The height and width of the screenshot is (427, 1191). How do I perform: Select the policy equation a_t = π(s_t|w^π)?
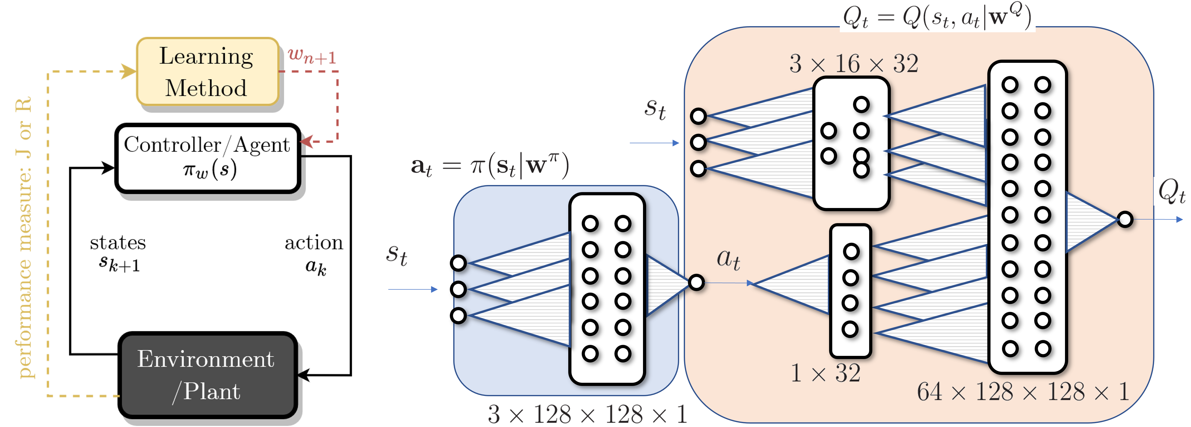click(x=490, y=165)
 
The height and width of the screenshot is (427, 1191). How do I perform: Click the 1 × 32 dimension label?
click(x=826, y=373)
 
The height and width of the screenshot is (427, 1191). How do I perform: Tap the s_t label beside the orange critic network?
click(x=656, y=110)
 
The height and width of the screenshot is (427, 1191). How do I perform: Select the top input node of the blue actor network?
click(x=459, y=263)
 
